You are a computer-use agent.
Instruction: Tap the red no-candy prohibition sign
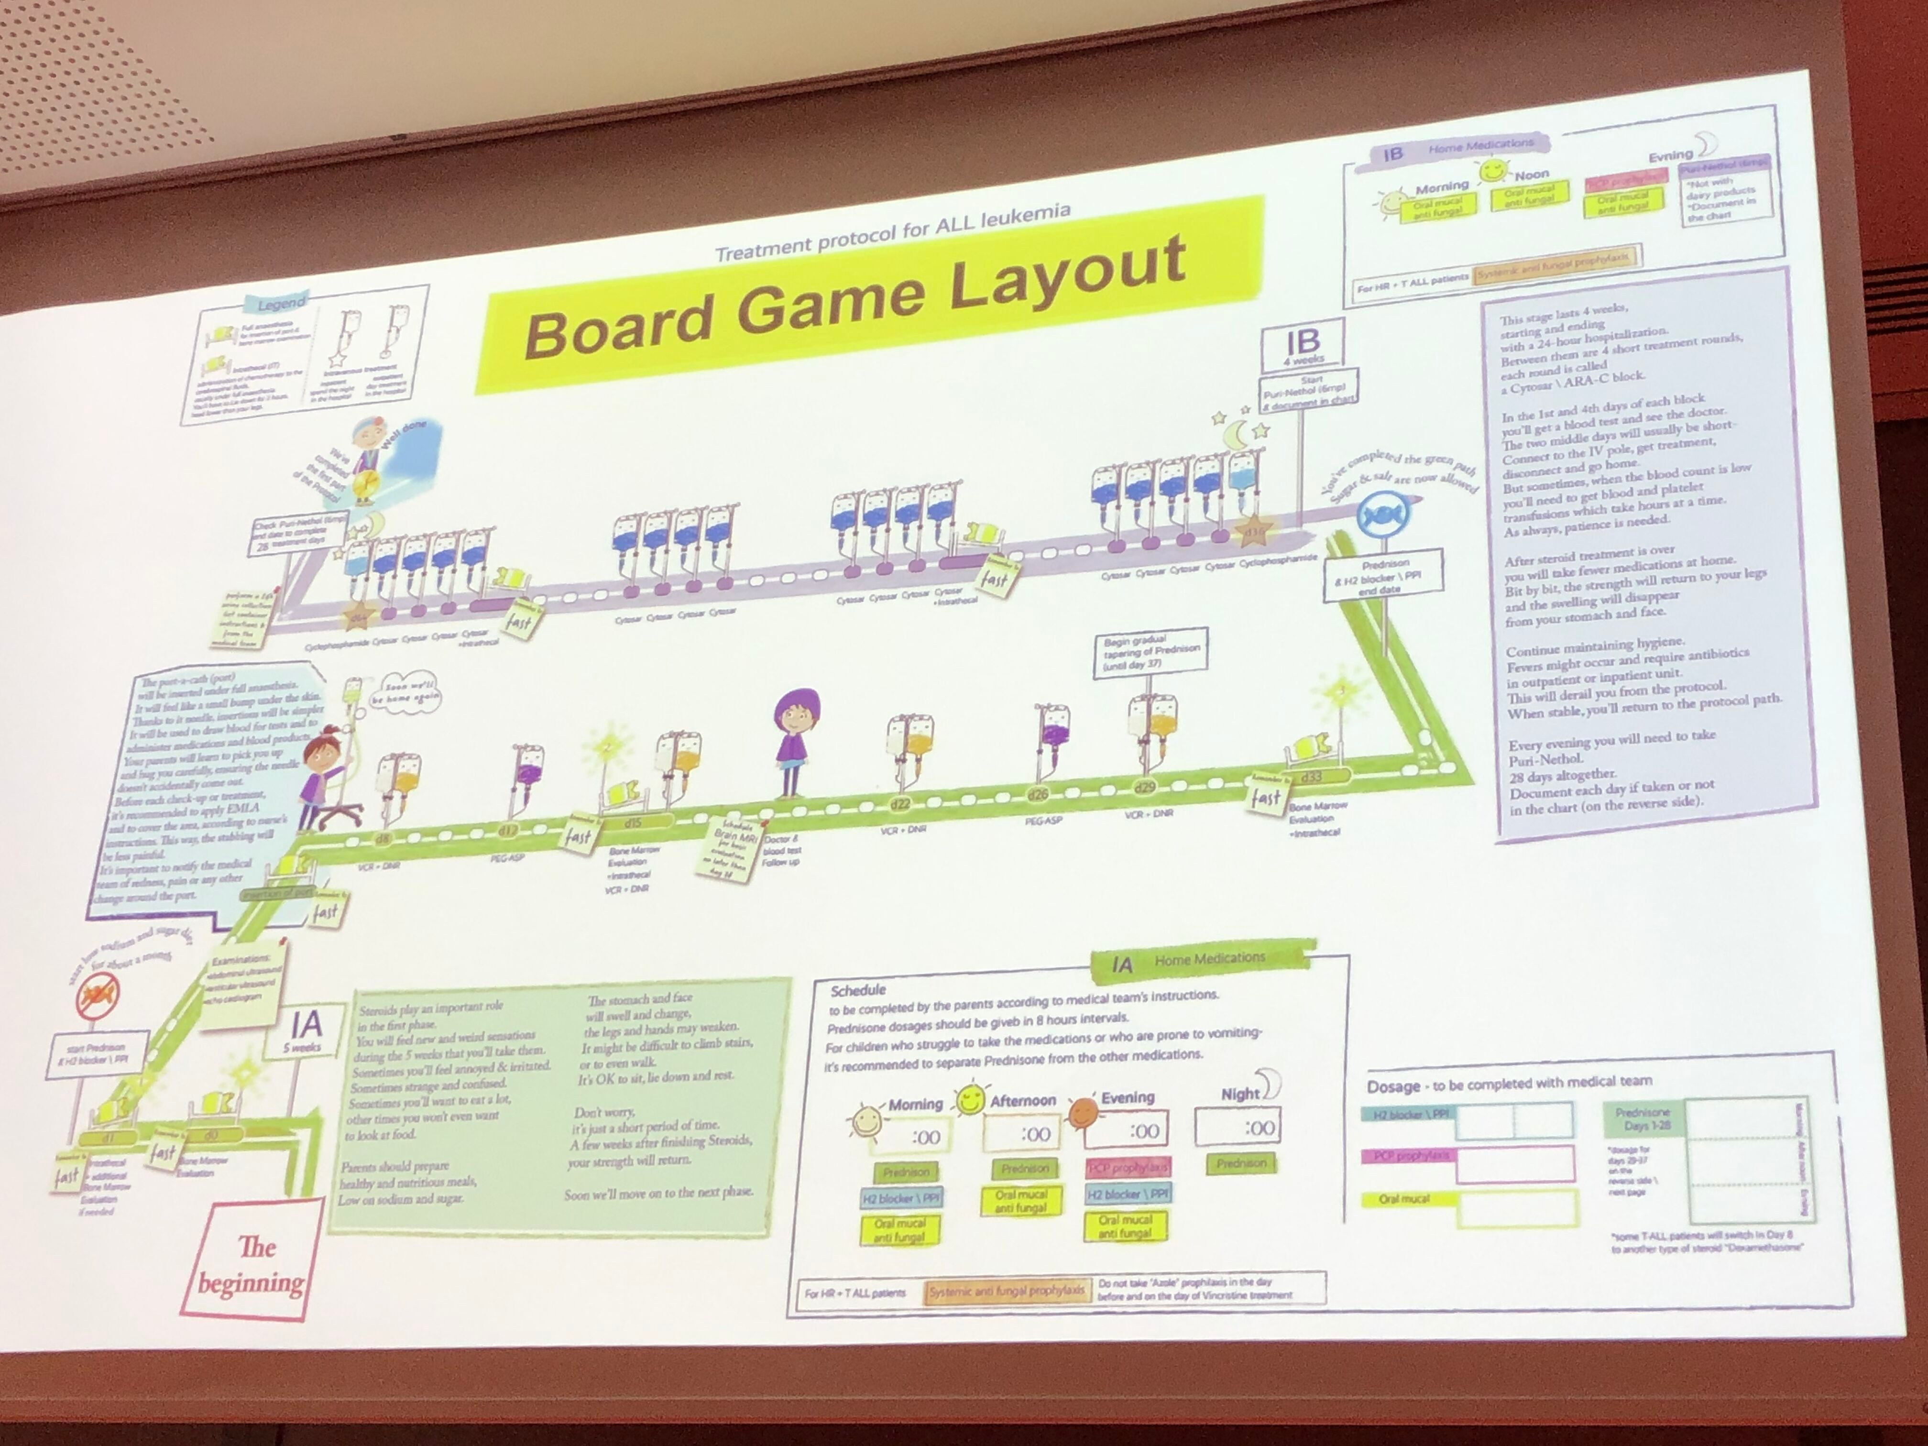click(99, 996)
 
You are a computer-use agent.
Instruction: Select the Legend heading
click(282, 303)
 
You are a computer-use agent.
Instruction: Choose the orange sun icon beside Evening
click(1084, 1111)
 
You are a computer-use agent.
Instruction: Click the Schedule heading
click(858, 990)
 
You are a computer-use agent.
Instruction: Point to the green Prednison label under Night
click(1241, 1163)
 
